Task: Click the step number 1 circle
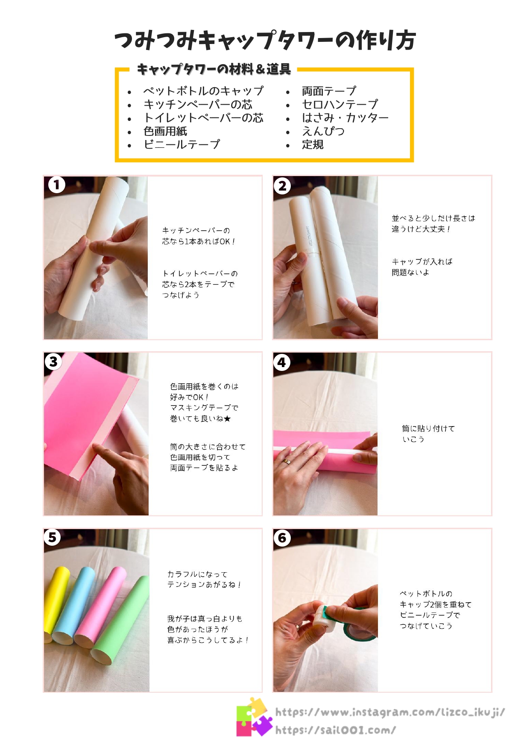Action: point(57,185)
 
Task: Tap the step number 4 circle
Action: point(282,362)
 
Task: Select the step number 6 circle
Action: point(282,538)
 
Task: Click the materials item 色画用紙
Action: point(165,131)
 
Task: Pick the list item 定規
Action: point(313,144)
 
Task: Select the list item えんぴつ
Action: point(323,131)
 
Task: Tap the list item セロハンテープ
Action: point(340,104)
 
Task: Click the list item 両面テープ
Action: point(329,91)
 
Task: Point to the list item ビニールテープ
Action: point(182,144)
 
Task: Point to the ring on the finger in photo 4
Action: point(287,462)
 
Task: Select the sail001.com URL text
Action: point(336,730)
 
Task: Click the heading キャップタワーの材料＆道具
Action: point(214,69)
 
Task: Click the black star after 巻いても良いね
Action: point(228,419)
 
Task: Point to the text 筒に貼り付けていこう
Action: point(428,434)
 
